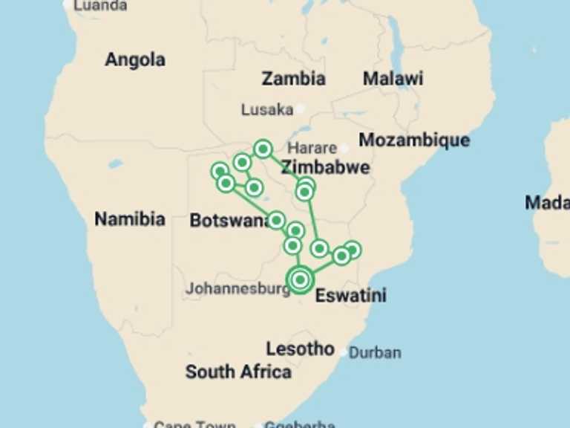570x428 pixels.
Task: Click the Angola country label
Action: [134, 59]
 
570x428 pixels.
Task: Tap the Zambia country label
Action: [293, 79]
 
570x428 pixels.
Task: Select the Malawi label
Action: [393, 79]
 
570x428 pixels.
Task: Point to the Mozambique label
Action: [414, 140]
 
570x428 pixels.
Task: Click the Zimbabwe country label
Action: [325, 166]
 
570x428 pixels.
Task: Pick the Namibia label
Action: [130, 218]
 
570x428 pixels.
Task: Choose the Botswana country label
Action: [228, 221]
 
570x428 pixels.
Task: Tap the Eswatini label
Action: [351, 296]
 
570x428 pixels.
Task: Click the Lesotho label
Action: [300, 348]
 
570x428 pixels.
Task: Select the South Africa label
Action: [238, 372]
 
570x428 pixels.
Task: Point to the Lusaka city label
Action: [267, 110]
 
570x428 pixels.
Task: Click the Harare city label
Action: [312, 148]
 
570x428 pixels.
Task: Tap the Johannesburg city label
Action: [237, 288]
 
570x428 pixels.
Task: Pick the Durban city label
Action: [375, 352]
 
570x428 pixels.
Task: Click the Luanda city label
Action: [99, 5]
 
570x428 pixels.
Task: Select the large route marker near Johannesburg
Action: [300, 279]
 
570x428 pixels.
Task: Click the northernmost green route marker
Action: [262, 149]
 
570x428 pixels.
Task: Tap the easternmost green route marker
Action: [353, 250]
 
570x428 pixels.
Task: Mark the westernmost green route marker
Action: [219, 171]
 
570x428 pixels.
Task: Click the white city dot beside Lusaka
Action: [300, 108]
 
